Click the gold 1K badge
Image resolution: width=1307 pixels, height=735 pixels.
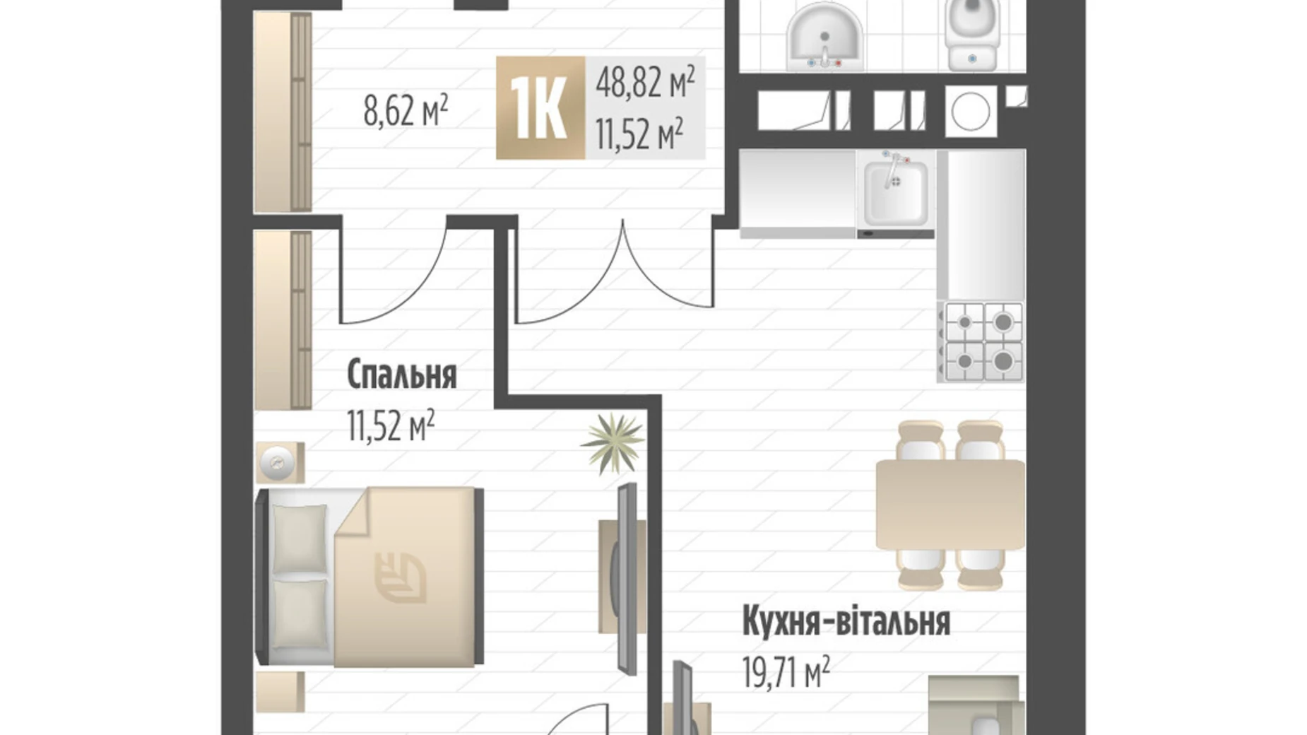tap(540, 107)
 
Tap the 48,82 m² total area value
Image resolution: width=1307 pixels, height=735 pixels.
tap(644, 83)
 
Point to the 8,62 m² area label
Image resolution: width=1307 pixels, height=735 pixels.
tap(406, 111)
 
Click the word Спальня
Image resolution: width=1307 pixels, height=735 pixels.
tap(401, 375)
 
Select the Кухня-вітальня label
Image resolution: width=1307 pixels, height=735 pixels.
tap(846, 623)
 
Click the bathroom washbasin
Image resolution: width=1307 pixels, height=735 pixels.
tap(824, 39)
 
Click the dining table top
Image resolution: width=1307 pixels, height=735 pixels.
tap(950, 504)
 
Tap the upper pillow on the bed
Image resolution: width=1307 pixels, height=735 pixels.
tap(300, 537)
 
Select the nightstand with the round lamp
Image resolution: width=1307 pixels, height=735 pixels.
tap(280, 463)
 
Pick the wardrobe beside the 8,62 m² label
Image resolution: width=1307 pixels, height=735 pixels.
tap(283, 112)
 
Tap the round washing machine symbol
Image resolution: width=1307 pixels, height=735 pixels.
tap(972, 111)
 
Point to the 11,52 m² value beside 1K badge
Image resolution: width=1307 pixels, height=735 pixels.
tap(639, 134)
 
